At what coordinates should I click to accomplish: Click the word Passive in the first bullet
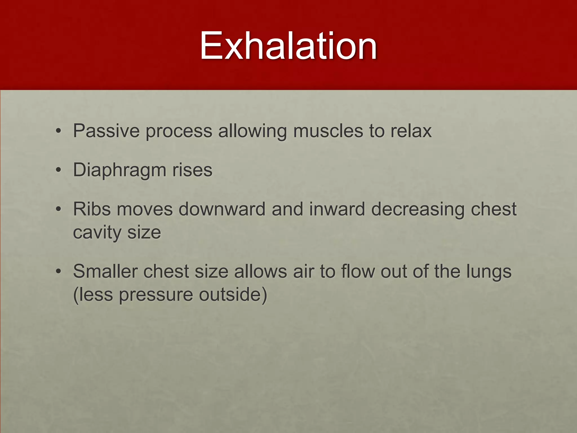click(x=106, y=131)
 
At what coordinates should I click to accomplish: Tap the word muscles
click(x=328, y=131)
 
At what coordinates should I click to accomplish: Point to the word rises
click(x=192, y=170)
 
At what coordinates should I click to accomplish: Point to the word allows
click(x=260, y=271)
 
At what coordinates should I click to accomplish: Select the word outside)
click(x=233, y=295)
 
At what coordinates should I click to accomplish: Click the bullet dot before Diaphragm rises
click(x=58, y=170)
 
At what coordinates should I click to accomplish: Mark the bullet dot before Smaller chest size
click(x=58, y=271)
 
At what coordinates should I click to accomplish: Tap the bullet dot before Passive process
click(x=58, y=131)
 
